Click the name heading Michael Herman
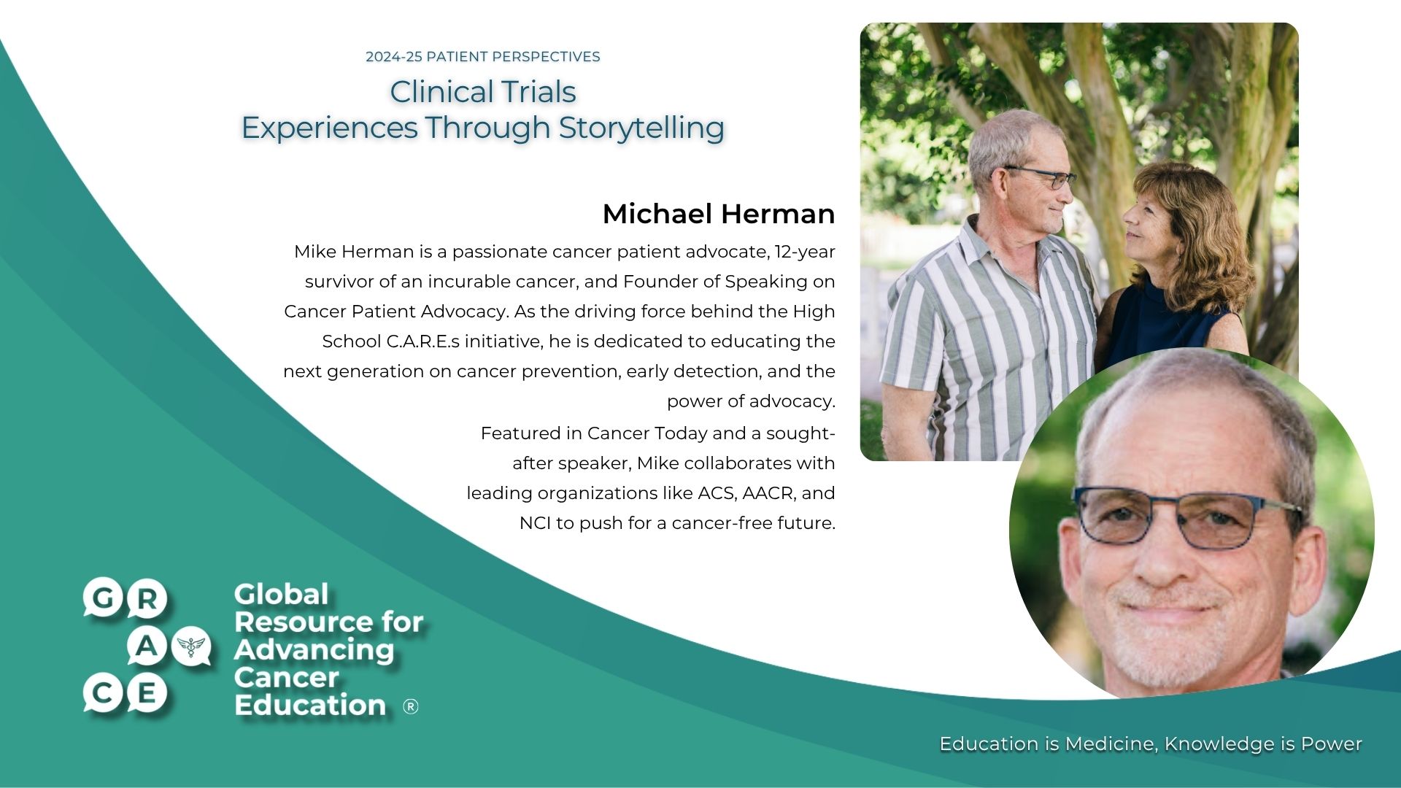(718, 214)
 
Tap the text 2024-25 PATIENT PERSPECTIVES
(482, 57)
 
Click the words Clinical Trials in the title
(482, 92)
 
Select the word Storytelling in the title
(641, 128)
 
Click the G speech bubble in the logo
(103, 598)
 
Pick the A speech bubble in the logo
(147, 646)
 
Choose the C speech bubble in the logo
(103, 692)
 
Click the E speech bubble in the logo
(147, 692)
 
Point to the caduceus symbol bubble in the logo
(193, 645)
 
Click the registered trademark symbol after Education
(411, 706)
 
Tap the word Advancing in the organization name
(314, 649)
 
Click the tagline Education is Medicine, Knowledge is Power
(1150, 743)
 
